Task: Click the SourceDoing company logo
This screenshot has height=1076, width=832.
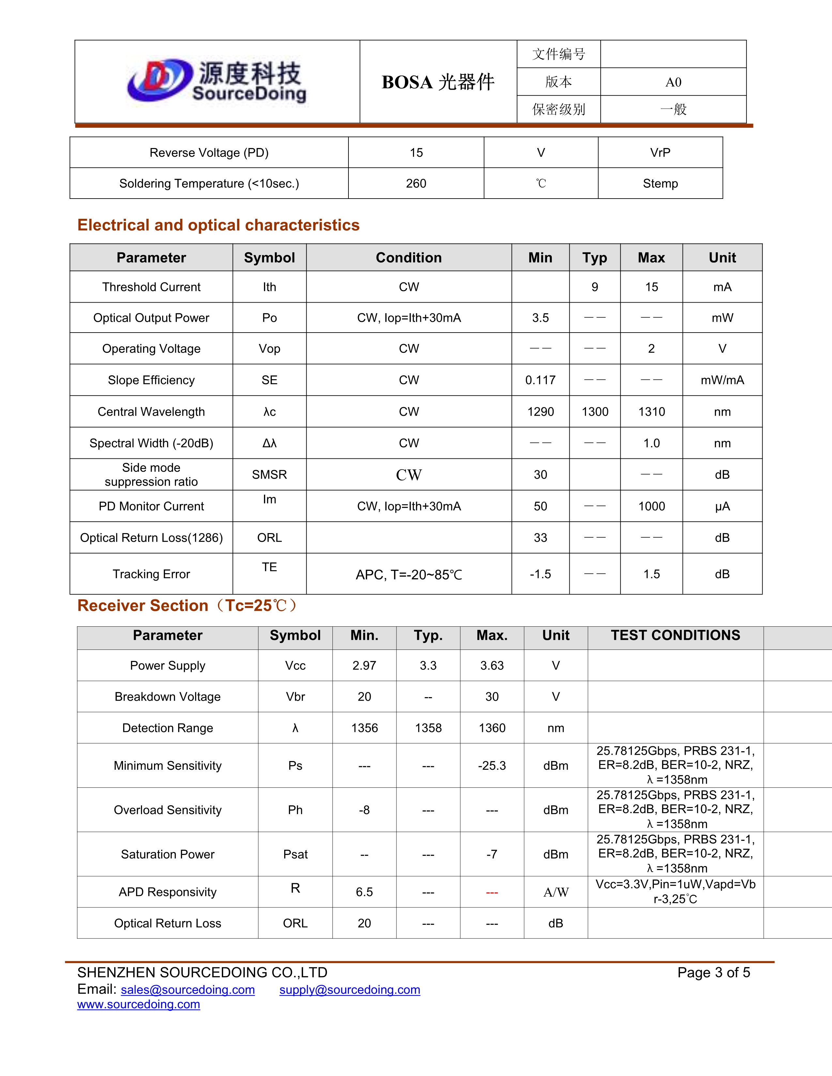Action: [x=217, y=81]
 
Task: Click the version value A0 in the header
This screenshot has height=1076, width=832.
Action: [x=673, y=82]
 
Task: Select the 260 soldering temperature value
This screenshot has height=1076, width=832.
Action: [x=416, y=183]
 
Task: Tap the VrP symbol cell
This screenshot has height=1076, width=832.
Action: [x=660, y=153]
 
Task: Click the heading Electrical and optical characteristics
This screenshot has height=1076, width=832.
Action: [x=218, y=225]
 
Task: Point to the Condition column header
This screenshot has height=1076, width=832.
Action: [x=408, y=258]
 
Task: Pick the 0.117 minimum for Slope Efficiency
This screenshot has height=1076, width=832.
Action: [x=540, y=380]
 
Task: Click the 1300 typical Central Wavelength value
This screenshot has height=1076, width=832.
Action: [x=595, y=411]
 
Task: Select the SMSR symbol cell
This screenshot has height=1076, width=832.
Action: [x=269, y=474]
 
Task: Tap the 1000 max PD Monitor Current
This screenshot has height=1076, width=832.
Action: [x=652, y=506]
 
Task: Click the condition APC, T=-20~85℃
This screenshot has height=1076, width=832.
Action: [x=408, y=575]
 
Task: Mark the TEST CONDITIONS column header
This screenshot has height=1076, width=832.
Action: [x=675, y=635]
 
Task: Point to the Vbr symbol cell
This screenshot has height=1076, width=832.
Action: [x=295, y=697]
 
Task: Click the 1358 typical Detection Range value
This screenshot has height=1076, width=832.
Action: [x=428, y=728]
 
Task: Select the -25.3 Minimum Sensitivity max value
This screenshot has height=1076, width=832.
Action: [x=492, y=766]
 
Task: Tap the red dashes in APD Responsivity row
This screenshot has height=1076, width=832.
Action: [x=492, y=892]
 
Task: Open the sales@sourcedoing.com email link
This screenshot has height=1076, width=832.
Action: [x=188, y=990]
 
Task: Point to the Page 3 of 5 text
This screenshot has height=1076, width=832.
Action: [x=713, y=973]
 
